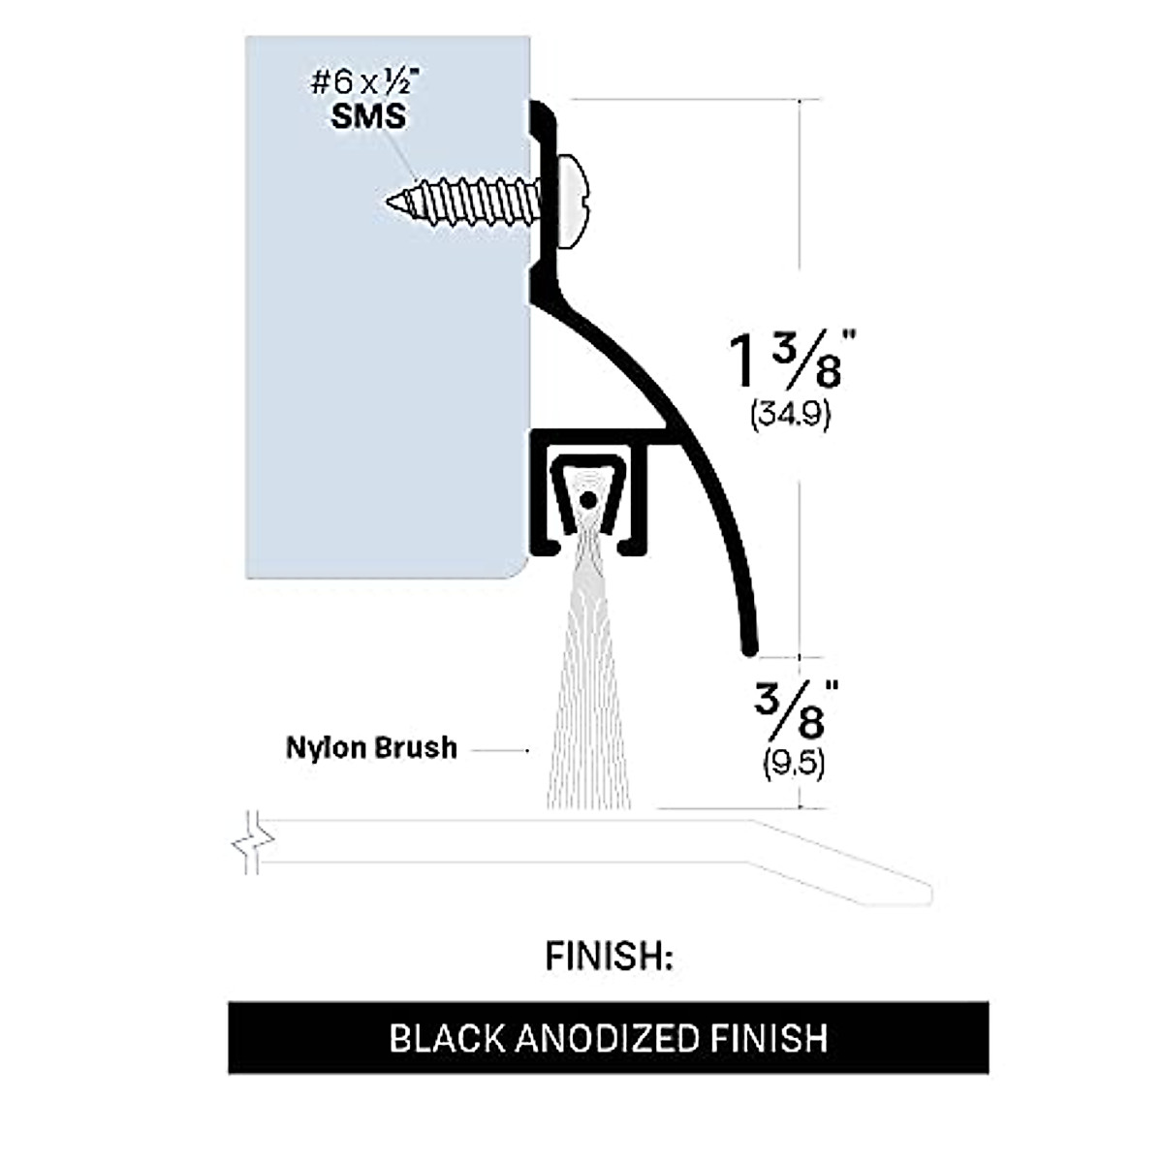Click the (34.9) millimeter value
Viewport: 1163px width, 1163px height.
pos(791,416)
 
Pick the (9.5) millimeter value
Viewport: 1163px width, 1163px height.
pos(794,765)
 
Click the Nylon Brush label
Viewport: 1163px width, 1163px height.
pos(371,748)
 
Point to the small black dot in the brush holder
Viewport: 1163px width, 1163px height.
pos(586,500)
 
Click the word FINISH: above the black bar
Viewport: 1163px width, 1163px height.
pos(609,957)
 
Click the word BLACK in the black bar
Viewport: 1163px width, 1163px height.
pos(447,1039)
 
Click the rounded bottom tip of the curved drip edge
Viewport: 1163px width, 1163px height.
pos(748,643)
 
